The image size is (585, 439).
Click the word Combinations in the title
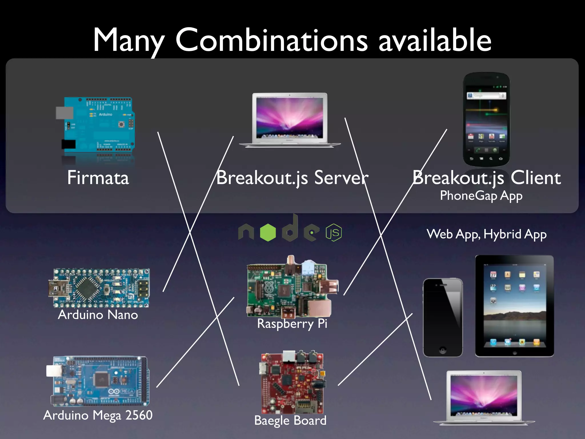pos(271,41)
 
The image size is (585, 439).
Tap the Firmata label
pos(98,178)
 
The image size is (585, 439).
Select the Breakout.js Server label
pos(292,178)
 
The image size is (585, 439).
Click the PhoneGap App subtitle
pos(481,196)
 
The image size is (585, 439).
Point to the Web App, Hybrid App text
pos(486,234)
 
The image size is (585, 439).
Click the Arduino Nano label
pos(98,315)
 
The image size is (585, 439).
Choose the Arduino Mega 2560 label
pos(98,415)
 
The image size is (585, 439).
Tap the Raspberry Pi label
pos(292,324)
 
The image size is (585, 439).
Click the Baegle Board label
pos(290,420)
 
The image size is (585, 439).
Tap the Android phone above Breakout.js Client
pos(486,119)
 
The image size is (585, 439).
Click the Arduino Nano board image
pos(99,288)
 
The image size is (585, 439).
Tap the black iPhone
pos(442,317)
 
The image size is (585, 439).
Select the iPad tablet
pos(514,306)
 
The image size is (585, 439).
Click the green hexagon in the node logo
pos(268,232)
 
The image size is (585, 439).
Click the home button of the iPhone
pos(442,350)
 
